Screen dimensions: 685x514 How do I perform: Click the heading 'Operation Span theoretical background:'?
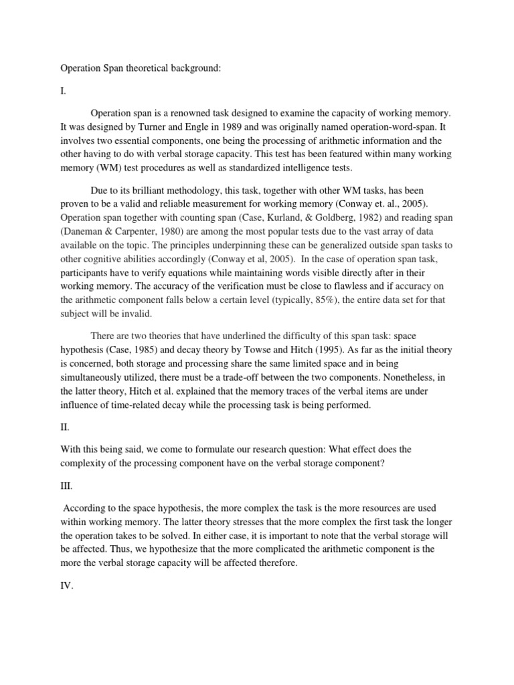point(140,68)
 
